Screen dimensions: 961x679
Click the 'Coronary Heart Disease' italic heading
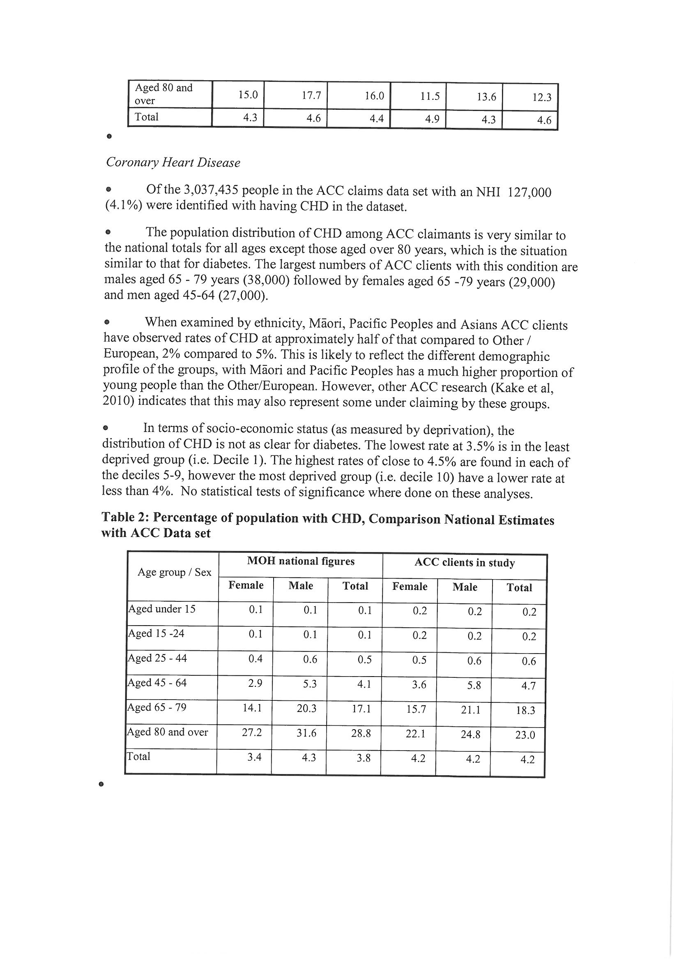[x=173, y=162]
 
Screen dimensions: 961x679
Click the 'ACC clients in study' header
[x=465, y=563]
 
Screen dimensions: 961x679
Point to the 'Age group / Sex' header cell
[x=175, y=572]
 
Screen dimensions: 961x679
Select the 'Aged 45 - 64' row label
[x=157, y=683]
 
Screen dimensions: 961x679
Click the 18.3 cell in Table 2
[x=525, y=710]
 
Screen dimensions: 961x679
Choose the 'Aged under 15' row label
[x=162, y=609]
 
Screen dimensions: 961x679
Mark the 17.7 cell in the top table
[x=311, y=95]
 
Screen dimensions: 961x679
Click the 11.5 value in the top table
[x=430, y=96]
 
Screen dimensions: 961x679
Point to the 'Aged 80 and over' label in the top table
[x=163, y=94]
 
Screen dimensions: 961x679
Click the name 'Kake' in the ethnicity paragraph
[x=505, y=387]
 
